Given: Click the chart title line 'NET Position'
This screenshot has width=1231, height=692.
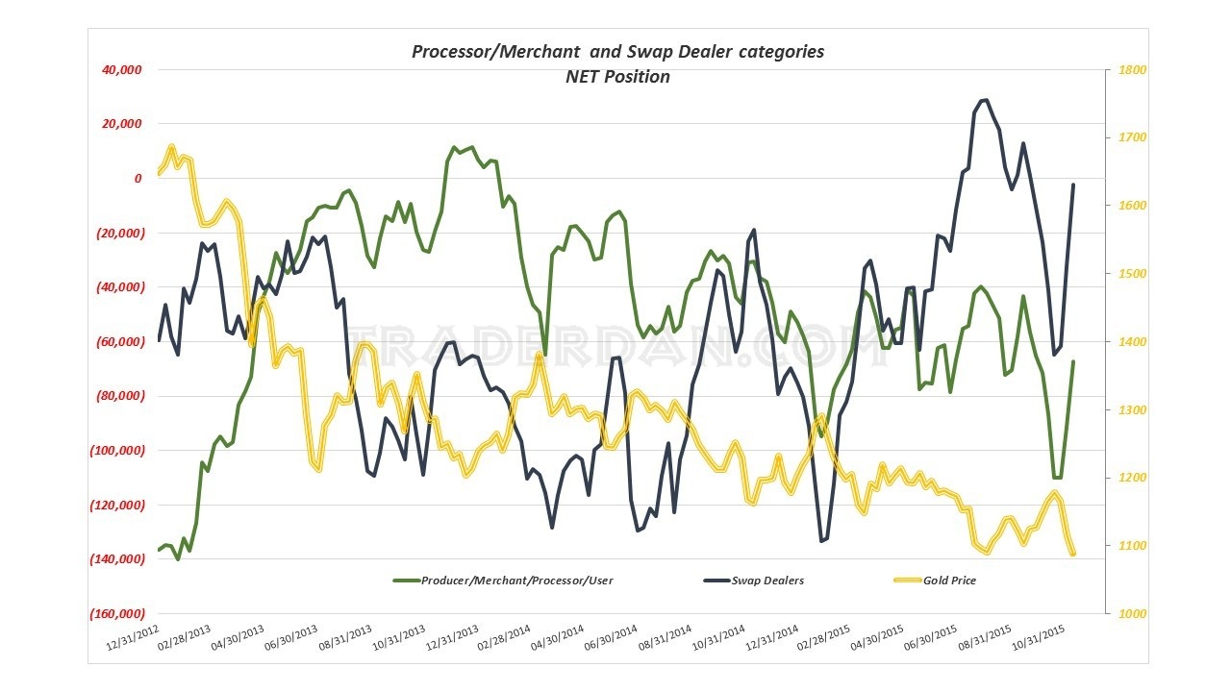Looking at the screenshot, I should [x=617, y=77].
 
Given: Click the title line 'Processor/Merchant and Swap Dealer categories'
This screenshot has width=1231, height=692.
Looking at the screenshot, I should [x=617, y=52].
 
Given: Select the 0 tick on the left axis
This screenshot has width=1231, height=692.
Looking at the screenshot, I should [x=138, y=179].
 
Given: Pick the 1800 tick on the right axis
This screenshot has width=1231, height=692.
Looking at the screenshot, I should [x=1122, y=70].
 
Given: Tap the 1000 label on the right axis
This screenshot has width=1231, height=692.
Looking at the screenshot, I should [x=1122, y=614].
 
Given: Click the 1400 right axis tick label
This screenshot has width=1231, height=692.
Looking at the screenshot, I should [x=1122, y=342].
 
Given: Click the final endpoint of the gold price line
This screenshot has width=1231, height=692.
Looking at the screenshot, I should [x=1072, y=553].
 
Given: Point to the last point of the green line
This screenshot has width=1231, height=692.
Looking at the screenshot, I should [x=1073, y=361].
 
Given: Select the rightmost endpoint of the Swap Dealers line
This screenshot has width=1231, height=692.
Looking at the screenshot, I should [x=1073, y=185].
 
